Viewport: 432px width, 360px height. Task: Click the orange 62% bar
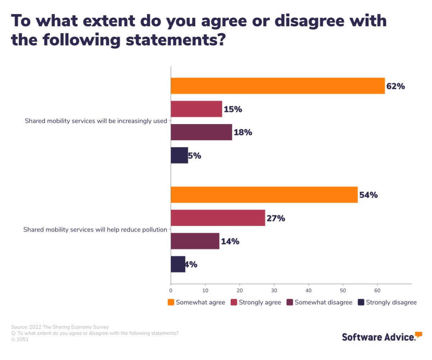click(278, 86)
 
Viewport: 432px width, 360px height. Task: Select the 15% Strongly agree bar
click(196, 109)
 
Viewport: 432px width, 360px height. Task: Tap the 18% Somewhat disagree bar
click(201, 132)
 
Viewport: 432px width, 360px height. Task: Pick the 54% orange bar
click(264, 195)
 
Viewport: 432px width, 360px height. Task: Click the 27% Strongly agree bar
click(218, 218)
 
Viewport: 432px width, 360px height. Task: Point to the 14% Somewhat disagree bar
click(195, 241)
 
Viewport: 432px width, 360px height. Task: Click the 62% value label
click(396, 86)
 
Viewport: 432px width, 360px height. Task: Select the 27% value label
click(276, 219)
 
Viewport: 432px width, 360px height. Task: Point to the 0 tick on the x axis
click(171, 290)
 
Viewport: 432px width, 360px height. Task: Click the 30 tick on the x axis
click(274, 290)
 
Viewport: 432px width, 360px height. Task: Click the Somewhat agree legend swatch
click(171, 302)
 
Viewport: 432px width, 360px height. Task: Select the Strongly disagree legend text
click(391, 302)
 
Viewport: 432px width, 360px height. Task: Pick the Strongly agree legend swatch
click(234, 302)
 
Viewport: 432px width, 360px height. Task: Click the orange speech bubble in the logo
click(418, 334)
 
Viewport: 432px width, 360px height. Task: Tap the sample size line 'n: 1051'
click(20, 339)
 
